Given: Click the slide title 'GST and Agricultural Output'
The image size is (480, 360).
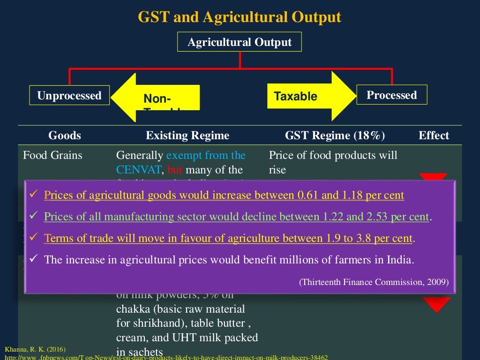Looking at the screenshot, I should click(240, 17).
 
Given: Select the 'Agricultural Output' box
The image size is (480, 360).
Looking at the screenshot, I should click(240, 43).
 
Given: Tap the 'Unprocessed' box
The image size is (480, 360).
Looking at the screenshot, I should click(69, 96).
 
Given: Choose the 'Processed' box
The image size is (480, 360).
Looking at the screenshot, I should click(391, 95).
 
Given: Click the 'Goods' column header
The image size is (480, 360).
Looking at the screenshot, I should click(65, 136).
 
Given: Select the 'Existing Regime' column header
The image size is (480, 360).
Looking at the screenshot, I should click(187, 136).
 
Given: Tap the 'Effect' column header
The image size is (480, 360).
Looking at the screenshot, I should click(434, 136).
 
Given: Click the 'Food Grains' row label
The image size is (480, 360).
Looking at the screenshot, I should click(52, 155).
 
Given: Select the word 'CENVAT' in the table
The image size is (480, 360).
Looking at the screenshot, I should click(139, 170).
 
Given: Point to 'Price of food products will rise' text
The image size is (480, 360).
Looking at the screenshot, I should click(333, 162).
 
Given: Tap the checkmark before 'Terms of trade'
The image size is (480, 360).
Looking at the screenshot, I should click(33, 238).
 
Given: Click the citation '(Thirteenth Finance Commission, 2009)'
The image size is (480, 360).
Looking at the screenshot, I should click(374, 282).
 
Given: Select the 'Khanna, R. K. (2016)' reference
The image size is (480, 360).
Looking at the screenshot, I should click(35, 349).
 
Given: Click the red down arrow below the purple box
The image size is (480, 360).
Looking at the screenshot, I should click(437, 305).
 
